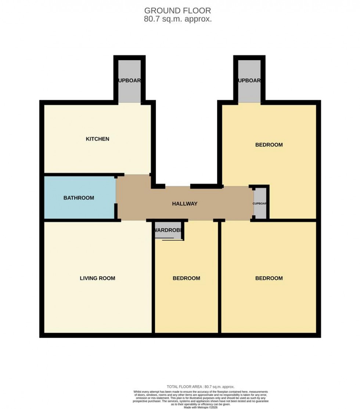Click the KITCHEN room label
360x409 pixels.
click(97, 139)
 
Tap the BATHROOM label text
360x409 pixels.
click(79, 198)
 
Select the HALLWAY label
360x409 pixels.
click(185, 204)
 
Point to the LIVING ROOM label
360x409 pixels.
click(97, 278)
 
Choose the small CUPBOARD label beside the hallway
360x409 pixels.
click(260, 203)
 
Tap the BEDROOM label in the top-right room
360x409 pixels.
click(269, 145)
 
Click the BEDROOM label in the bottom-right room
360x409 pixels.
click(269, 278)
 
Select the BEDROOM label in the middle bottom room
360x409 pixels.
click(186, 278)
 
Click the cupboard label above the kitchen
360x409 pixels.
click(129, 81)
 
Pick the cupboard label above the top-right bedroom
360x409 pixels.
click(249, 81)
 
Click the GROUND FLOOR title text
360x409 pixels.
click(177, 10)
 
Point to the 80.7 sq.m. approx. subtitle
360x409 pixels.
click(177, 19)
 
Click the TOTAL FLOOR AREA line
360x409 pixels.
click(200, 387)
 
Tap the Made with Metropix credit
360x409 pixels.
click(200, 407)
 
